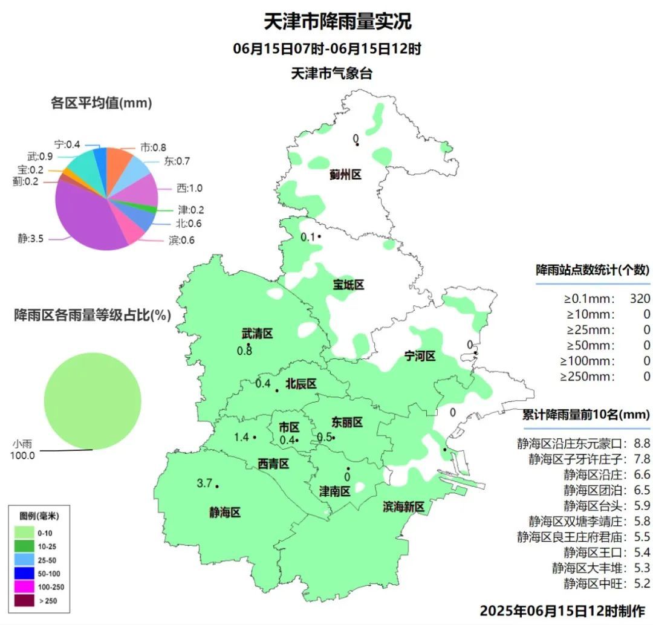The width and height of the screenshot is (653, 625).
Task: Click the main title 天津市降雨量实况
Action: point(337,21)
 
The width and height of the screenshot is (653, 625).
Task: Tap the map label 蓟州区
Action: point(345,175)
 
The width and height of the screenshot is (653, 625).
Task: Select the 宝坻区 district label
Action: point(348,284)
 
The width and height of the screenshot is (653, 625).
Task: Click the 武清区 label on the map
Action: point(258,334)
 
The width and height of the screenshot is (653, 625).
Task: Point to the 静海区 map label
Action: point(225,513)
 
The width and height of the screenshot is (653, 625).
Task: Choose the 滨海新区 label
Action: point(404,507)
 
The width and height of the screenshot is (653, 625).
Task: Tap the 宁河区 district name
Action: point(420,357)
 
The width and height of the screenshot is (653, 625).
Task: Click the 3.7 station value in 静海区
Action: point(205,483)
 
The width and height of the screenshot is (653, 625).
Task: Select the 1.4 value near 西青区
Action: point(241,437)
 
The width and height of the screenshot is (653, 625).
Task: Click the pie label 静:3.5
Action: point(31,238)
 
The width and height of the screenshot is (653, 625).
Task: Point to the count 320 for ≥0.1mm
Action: point(639,299)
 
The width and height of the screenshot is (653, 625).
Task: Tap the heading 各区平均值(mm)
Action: point(101,103)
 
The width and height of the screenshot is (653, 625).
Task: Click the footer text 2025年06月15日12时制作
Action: point(562,610)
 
